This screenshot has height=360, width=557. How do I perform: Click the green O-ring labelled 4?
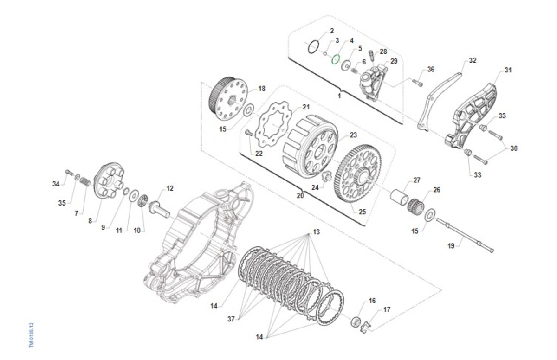[336, 60]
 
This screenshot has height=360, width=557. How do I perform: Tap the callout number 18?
[262, 88]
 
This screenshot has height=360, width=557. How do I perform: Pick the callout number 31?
[508, 71]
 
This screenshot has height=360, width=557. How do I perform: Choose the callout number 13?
[316, 231]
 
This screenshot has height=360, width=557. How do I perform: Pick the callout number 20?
[300, 196]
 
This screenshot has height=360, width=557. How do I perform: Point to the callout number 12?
[169, 188]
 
